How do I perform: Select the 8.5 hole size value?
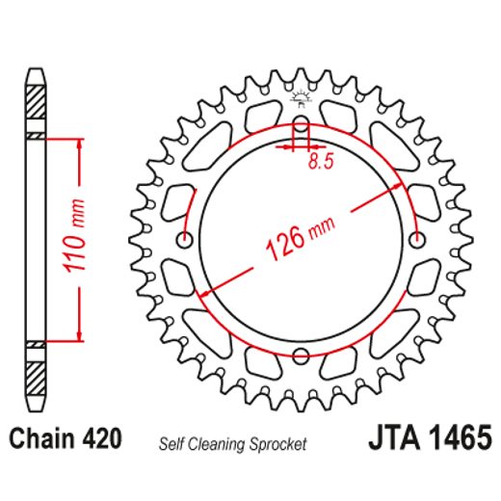click(x=321, y=164)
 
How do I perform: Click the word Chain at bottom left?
click(x=40, y=439)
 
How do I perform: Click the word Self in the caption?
click(x=171, y=444)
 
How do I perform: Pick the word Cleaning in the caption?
click(x=220, y=444)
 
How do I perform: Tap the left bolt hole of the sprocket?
click(x=186, y=239)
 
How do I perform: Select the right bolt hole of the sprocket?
click(x=416, y=239)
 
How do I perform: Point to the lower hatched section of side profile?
click(x=35, y=367)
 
